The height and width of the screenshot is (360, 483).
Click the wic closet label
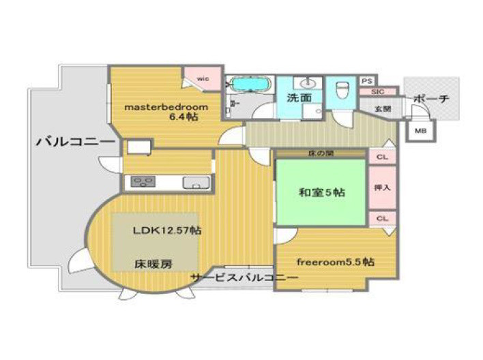click(203, 78)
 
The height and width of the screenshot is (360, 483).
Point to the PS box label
click(366, 80)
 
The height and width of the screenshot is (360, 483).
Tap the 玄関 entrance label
click(383, 108)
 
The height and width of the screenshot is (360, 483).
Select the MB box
click(420, 131)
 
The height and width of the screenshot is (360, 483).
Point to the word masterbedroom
click(165, 107)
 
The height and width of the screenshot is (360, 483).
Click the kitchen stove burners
click(143, 181)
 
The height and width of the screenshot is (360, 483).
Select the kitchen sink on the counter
click(196, 182)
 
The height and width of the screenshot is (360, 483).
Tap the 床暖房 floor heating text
click(151, 262)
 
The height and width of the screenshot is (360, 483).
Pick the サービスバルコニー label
click(244, 279)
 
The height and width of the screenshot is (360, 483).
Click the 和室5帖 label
click(321, 192)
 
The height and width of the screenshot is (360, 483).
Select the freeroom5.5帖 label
click(334, 261)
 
